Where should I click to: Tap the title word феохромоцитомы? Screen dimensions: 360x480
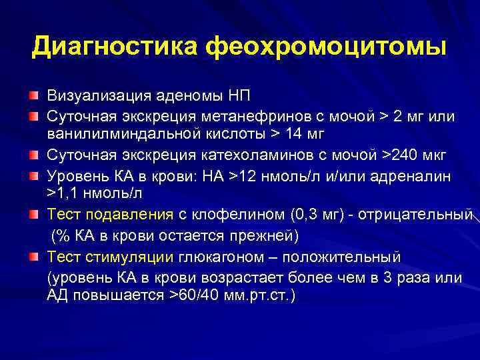click(x=326, y=47)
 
